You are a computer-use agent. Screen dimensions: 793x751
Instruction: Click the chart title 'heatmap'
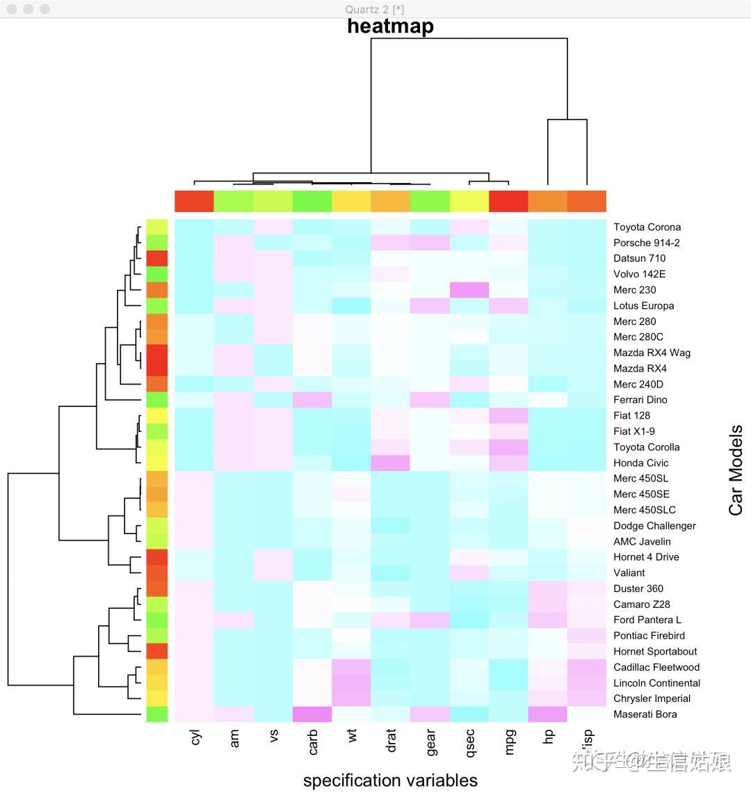pos(390,26)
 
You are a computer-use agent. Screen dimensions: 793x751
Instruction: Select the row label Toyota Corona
pos(647,227)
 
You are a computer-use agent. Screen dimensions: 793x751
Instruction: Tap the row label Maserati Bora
pos(645,714)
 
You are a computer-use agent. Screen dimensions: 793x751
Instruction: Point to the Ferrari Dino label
pos(640,400)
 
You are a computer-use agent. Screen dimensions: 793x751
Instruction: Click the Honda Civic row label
pos(640,463)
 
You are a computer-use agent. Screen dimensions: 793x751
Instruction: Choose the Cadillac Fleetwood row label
pos(656,667)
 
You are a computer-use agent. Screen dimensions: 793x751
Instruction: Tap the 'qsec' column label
pos(470,742)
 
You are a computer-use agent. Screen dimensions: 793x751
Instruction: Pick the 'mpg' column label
pos(510,742)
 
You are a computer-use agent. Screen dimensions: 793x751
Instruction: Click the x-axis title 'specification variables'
pos(390,780)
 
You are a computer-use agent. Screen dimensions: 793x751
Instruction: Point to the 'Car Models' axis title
pos(736,470)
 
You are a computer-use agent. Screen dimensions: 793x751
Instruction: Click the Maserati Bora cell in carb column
pos(313,714)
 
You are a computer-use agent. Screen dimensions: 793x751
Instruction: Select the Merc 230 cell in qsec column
pos(470,289)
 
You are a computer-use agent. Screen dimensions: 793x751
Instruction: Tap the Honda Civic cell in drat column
pos(391,463)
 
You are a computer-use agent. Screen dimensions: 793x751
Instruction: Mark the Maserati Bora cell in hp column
pos(548,714)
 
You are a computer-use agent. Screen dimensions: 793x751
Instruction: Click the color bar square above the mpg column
pos(509,201)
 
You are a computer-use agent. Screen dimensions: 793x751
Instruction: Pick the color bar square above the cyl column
pos(194,201)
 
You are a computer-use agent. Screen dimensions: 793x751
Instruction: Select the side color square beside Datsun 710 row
pos(157,258)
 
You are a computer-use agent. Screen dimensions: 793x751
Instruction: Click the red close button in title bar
pos(12,9)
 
